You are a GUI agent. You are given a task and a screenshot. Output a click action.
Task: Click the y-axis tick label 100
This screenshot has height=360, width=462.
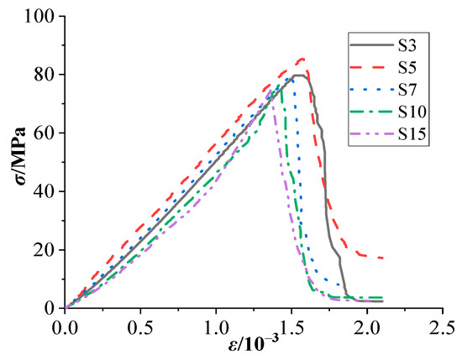pos(42,16)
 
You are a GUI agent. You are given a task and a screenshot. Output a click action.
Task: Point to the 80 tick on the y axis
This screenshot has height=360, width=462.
pos(46,75)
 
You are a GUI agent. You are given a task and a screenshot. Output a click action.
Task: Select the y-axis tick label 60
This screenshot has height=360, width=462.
pos(46,133)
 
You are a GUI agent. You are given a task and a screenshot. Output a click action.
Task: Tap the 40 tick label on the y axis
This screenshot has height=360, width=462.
pos(46,191)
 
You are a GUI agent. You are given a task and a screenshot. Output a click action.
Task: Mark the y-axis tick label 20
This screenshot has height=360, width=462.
pos(46,250)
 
